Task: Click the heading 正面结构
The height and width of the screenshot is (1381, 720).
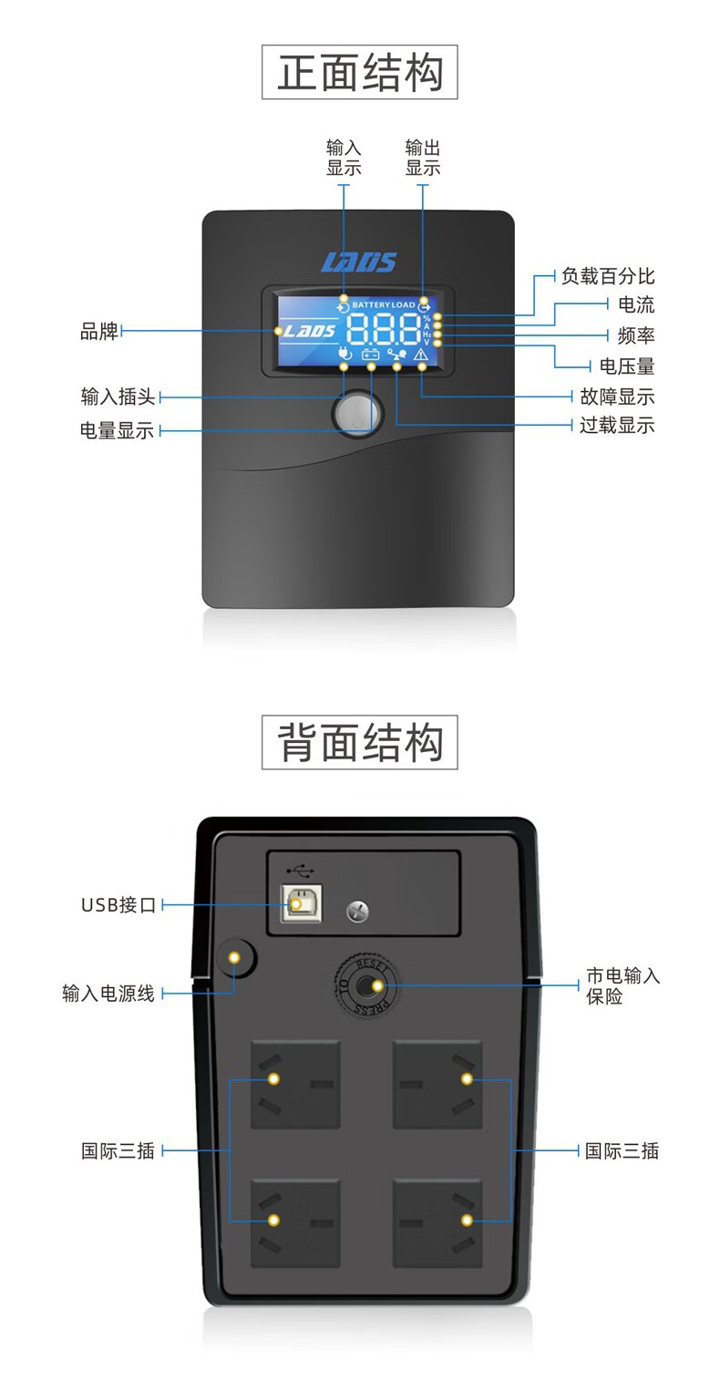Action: coord(359,72)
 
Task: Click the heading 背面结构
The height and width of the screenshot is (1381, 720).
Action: coord(359,742)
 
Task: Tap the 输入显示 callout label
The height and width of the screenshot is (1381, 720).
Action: coord(344,158)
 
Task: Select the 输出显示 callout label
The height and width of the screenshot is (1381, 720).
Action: coord(423,158)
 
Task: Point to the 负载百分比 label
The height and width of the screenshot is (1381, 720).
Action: coord(608,276)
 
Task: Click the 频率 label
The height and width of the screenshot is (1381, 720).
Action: coord(635,335)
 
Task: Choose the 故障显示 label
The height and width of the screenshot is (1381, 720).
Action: coord(617,397)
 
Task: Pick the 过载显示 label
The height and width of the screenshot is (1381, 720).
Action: coord(617,426)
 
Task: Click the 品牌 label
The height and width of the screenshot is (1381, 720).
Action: coord(99,331)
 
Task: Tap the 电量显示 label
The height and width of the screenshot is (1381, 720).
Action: coord(118,430)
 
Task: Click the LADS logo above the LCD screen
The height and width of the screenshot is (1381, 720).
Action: coord(358,263)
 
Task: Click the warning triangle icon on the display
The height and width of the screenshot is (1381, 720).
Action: coord(421,355)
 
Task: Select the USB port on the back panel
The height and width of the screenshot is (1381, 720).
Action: coord(295,902)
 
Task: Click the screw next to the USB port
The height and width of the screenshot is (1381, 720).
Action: coord(358,910)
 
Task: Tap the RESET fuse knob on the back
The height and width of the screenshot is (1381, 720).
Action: coord(365,986)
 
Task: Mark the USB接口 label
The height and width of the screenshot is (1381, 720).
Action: coord(118,905)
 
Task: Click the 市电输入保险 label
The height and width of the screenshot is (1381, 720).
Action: coord(622,986)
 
